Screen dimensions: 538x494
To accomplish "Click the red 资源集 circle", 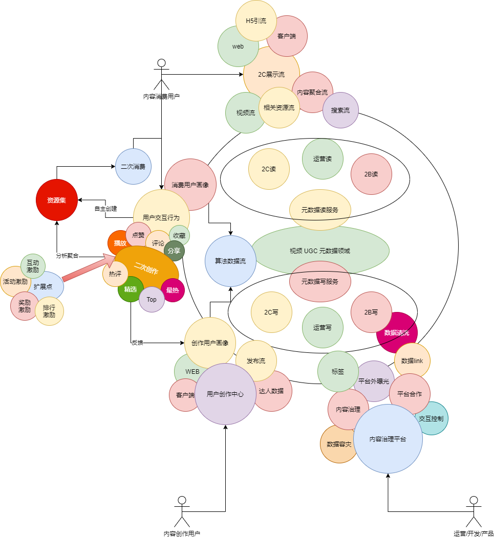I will (56, 200).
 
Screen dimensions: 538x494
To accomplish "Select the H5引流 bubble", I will (256, 21).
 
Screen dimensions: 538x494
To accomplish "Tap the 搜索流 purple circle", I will (340, 110).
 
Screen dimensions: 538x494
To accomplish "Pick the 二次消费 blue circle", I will (133, 166).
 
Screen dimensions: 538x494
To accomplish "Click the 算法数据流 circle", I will (230, 261).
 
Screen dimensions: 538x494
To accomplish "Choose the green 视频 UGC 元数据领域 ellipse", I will (320, 251).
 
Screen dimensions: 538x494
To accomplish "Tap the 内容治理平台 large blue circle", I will (388, 439).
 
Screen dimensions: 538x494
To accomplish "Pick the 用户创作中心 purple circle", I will (225, 394).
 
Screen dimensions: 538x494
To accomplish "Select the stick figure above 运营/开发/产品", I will (474, 511).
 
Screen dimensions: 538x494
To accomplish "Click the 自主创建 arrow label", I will (105, 209).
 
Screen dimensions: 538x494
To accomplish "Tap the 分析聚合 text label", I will (67, 255).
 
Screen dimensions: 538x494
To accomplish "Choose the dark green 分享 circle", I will (174, 251).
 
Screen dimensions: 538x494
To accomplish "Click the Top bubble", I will (152, 300).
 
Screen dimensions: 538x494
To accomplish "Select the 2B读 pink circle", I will (371, 174).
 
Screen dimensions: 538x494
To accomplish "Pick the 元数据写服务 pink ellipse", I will (320, 281).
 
